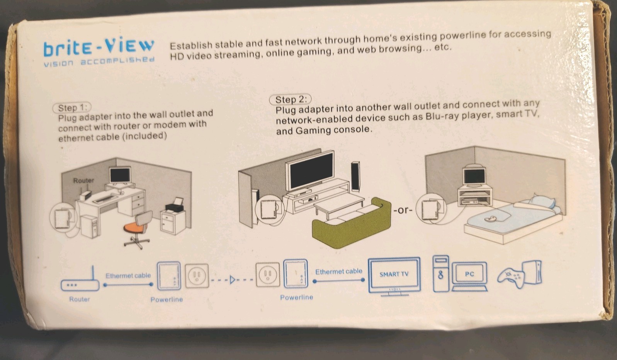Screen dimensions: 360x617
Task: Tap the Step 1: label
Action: point(72,108)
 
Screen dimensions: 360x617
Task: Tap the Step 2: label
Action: point(290,100)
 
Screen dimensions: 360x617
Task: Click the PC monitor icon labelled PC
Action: point(469,275)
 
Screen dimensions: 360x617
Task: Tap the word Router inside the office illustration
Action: point(84,180)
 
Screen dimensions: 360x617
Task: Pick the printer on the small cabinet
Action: point(174,205)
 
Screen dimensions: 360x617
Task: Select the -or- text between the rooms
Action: point(403,211)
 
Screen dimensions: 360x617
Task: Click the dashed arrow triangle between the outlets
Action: point(232,280)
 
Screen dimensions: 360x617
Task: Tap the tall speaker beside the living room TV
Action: point(355,177)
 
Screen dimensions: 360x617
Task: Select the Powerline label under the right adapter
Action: point(296,297)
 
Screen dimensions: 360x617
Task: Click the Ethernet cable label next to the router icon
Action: point(128,275)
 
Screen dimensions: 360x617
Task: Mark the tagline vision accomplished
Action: point(99,62)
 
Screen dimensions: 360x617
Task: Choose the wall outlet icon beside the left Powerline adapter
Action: point(197,276)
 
